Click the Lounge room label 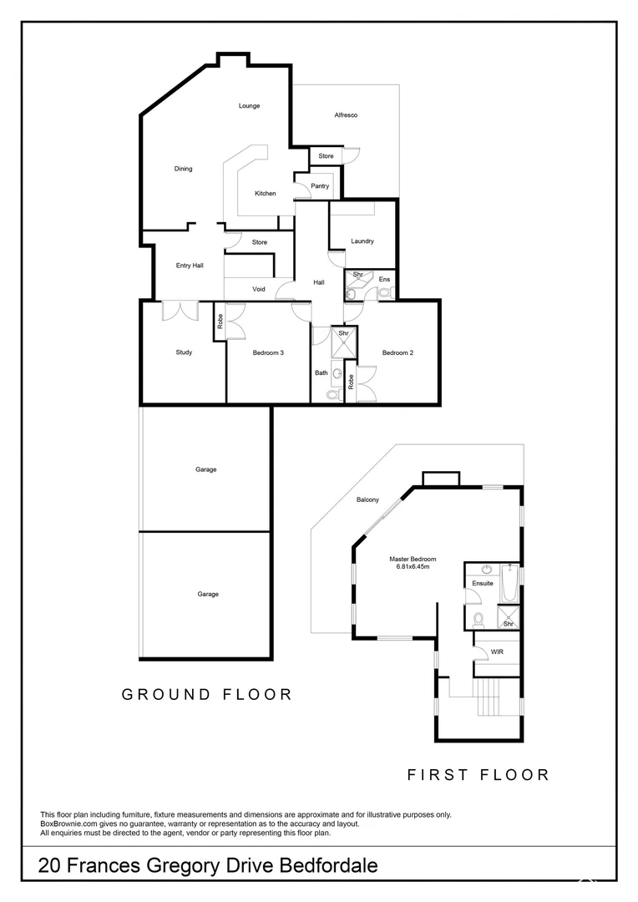[x=249, y=106]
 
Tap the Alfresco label [x=346, y=115]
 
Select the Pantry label [x=320, y=186]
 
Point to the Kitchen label [x=266, y=194]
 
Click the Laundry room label [x=362, y=241]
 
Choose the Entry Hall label [x=190, y=266]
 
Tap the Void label [x=259, y=289]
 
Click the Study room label [x=184, y=352]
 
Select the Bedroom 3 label [x=268, y=352]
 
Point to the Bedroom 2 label [x=397, y=352]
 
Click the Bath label [x=322, y=372]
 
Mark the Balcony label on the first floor [x=368, y=500]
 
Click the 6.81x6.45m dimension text [x=413, y=567]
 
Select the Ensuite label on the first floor [x=483, y=583]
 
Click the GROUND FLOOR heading [x=207, y=694]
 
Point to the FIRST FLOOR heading [x=478, y=775]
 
